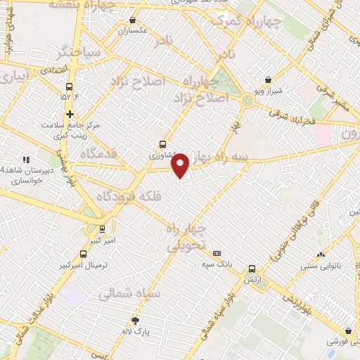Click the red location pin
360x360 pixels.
coord(181,165)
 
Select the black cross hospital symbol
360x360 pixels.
coord(70,114)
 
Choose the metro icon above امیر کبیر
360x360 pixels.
coord(103,229)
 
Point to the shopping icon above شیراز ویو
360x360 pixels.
coord(268,80)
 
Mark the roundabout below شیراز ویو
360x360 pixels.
coord(247,102)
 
